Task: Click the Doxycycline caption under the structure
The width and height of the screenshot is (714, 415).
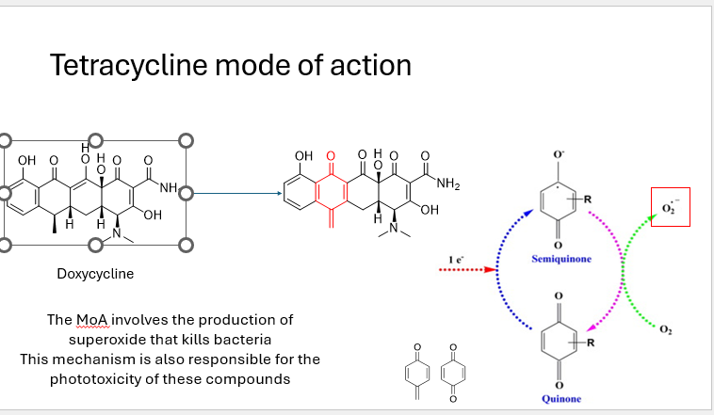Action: pos(95,274)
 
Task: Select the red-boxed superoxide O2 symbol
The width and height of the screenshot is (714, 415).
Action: pos(671,206)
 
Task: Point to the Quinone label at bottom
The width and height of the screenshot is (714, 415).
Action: pos(561,399)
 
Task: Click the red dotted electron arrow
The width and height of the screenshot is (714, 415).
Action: pos(467,269)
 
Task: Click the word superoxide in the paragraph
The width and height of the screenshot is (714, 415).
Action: pos(108,339)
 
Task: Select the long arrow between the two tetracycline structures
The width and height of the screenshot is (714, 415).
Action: pos(235,195)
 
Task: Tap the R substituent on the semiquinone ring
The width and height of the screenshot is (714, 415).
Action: pos(588,199)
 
